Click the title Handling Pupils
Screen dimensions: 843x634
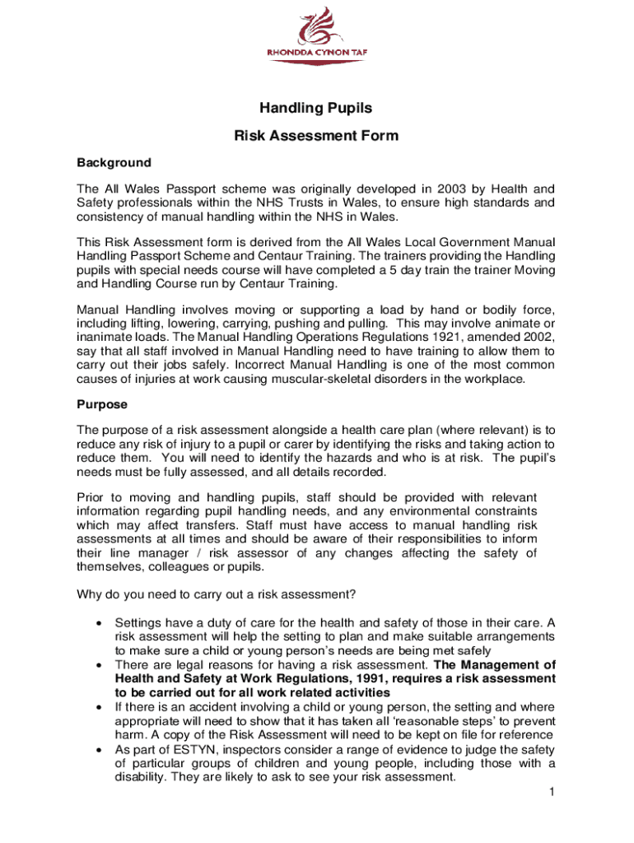316,108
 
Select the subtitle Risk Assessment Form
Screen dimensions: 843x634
316,137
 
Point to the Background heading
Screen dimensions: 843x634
114,162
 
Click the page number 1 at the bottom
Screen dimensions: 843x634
550,792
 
